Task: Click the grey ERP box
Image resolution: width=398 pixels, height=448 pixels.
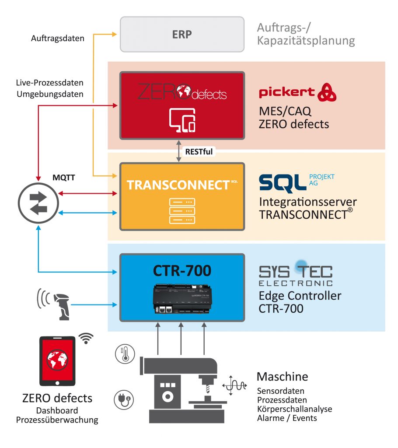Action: [182, 34]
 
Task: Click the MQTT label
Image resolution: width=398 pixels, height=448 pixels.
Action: [63, 178]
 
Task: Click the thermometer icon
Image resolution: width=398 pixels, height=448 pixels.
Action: [125, 353]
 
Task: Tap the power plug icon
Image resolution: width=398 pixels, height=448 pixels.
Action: [124, 399]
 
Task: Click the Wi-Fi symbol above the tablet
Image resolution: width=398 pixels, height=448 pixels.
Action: [87, 338]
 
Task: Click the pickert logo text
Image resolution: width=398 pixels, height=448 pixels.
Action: [287, 92]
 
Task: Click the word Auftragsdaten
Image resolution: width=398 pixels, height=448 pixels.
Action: [58, 38]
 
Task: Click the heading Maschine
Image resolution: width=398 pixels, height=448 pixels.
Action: [282, 376]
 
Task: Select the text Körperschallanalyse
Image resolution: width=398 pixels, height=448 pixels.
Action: [294, 409]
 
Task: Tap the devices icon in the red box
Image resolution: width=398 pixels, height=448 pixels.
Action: [182, 119]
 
